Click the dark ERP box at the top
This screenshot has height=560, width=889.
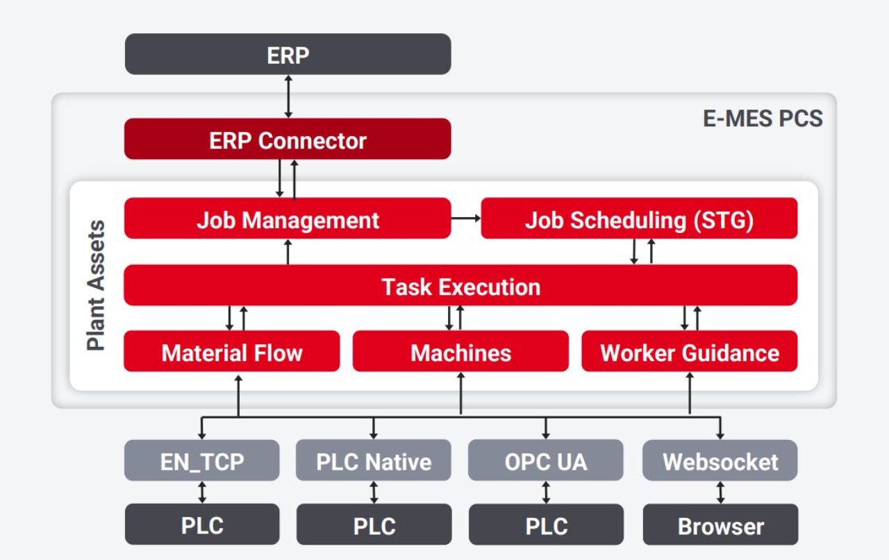[288, 54]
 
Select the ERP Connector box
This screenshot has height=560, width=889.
[288, 139]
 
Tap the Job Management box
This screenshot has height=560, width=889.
[288, 219]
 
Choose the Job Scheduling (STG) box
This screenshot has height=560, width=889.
[639, 219]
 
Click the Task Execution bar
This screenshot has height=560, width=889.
[460, 286]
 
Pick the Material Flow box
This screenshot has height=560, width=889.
[232, 352]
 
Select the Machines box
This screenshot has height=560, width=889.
[460, 352]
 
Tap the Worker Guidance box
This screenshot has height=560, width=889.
[689, 352]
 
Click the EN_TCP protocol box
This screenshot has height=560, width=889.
[202, 461]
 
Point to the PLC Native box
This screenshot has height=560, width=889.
[374, 461]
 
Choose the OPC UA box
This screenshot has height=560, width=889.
[546, 461]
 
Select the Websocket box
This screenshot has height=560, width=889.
[720, 461]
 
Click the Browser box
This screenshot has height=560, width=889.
[720, 525]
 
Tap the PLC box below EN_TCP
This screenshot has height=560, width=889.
[202, 525]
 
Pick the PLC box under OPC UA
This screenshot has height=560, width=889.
[546, 525]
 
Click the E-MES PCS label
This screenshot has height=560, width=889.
[762, 119]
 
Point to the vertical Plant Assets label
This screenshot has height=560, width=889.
[96, 285]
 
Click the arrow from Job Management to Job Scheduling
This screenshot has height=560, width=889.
[466, 219]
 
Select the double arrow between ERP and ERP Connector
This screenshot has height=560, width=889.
[288, 96]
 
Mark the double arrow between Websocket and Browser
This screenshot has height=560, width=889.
[720, 493]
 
